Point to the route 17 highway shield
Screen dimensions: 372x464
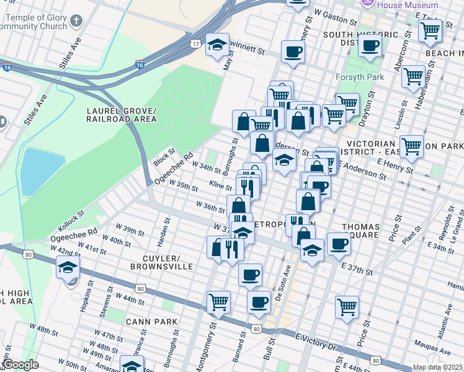click(x=195, y=43)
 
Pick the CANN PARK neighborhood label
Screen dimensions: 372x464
click(x=151, y=321)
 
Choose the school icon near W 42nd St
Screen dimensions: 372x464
click(x=68, y=268)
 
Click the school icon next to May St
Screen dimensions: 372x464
click(x=217, y=45)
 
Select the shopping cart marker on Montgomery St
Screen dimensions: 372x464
click(x=218, y=303)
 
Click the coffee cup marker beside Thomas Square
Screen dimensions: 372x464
click(x=339, y=243)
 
